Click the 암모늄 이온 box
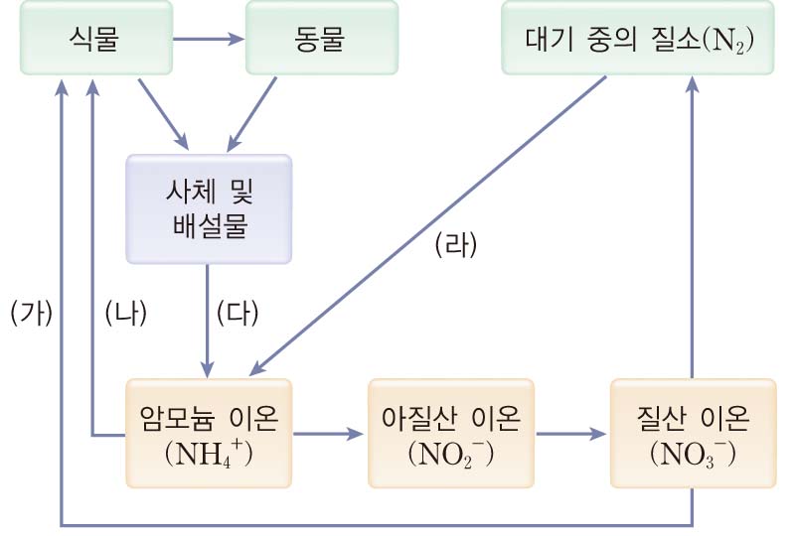(209, 433)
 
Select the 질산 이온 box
(693, 433)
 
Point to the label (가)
(31, 312)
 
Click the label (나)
(125, 312)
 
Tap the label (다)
(238, 312)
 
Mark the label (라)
(456, 245)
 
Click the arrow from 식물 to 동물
(208, 40)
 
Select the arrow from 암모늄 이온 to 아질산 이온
(329, 434)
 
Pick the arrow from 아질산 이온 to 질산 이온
(571, 434)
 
